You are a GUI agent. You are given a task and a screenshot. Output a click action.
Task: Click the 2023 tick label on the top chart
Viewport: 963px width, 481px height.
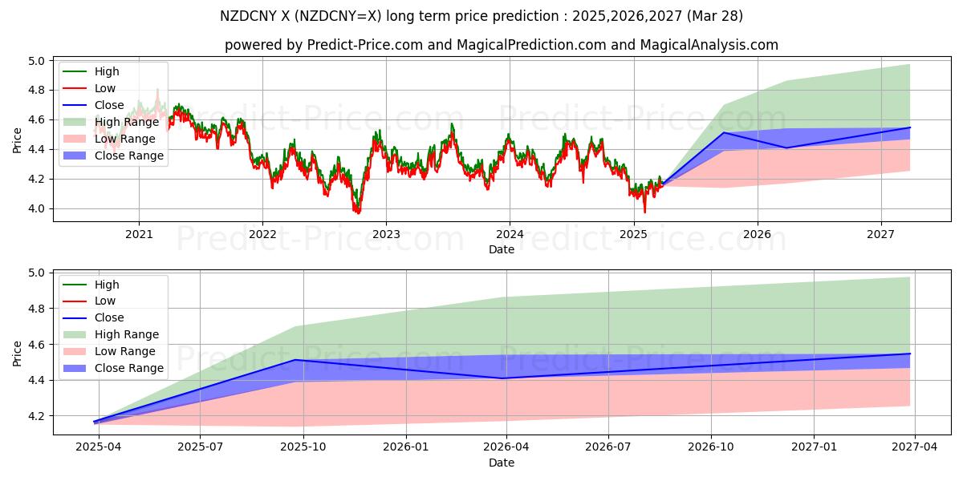[386, 234]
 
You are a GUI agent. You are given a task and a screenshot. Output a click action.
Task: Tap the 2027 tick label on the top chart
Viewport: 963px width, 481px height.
[881, 234]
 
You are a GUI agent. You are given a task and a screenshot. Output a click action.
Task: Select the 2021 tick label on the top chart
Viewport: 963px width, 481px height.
[139, 234]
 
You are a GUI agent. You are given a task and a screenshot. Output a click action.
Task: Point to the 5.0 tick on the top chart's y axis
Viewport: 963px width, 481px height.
[37, 61]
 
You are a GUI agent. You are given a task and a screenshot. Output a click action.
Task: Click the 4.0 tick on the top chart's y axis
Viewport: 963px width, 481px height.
[37, 208]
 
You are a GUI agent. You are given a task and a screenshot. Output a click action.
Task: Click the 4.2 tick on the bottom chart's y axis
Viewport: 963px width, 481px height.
[37, 416]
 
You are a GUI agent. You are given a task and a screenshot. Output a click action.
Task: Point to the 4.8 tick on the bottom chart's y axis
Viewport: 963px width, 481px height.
[37, 309]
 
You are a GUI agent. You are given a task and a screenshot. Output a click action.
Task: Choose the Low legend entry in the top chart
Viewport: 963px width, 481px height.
[105, 88]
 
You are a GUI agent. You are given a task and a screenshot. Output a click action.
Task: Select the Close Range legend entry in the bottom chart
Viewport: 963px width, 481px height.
[129, 368]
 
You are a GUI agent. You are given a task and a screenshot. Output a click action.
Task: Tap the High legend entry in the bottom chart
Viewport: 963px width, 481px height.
[107, 285]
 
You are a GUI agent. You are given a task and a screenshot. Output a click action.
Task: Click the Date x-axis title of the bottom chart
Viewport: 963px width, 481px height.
[502, 463]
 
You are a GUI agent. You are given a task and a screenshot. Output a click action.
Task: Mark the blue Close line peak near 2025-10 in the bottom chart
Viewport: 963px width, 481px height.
[295, 360]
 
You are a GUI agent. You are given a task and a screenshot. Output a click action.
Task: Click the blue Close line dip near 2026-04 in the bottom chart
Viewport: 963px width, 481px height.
[502, 378]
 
